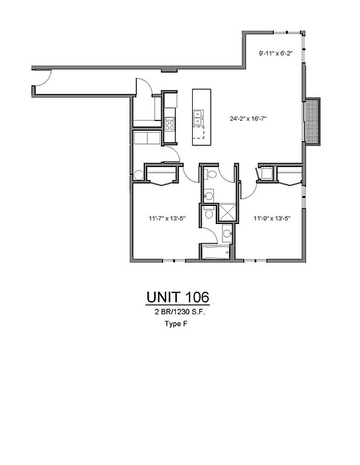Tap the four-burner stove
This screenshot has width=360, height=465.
tap(170, 124)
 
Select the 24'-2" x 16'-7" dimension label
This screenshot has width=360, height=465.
tap(248, 119)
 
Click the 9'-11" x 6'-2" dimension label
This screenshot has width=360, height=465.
tap(276, 53)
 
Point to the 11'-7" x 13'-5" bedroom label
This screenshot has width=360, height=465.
tap(167, 219)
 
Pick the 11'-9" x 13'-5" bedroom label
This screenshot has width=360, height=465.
tap(272, 219)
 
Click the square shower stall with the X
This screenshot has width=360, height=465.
tap(227, 212)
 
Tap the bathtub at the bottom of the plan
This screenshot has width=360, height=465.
tap(216, 252)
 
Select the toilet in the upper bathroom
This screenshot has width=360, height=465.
tap(210, 174)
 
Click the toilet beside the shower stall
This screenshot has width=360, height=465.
tap(209, 213)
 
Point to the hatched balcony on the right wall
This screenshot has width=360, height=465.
tap(312, 121)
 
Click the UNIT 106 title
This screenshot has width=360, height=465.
tap(178, 297)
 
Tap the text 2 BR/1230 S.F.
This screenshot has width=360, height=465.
tap(180, 312)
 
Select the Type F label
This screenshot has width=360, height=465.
tap(176, 324)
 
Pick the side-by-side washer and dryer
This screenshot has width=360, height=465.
tap(147, 138)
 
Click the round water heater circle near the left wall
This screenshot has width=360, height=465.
tap(139, 175)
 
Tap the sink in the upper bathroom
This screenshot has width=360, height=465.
tap(209, 196)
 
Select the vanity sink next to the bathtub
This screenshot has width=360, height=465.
tap(227, 233)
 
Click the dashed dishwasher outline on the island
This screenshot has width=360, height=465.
tap(198, 132)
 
